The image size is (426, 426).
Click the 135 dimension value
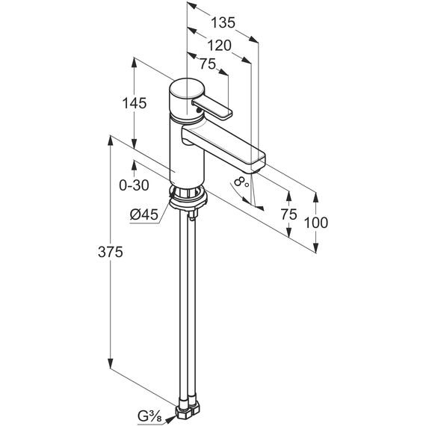click(x=223, y=22)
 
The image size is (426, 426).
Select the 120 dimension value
click(x=219, y=46)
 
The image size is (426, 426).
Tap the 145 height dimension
click(x=135, y=103)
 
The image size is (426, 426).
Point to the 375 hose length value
click(x=111, y=252)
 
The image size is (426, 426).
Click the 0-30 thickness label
click(x=135, y=185)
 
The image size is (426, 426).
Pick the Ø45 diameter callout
click(x=144, y=215)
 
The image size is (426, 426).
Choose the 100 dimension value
click(x=315, y=223)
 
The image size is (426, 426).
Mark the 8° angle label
click(x=241, y=182)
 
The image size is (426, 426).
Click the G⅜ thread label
click(x=149, y=416)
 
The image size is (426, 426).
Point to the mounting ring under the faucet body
click(x=188, y=198)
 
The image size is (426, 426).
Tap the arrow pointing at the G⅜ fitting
click(x=169, y=419)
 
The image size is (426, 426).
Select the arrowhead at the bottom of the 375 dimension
click(x=111, y=363)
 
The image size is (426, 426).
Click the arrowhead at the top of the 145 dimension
click(x=134, y=63)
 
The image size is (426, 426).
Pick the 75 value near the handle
click(x=208, y=64)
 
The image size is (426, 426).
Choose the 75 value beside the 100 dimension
click(x=288, y=214)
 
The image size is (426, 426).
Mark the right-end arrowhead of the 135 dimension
click(x=253, y=40)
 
